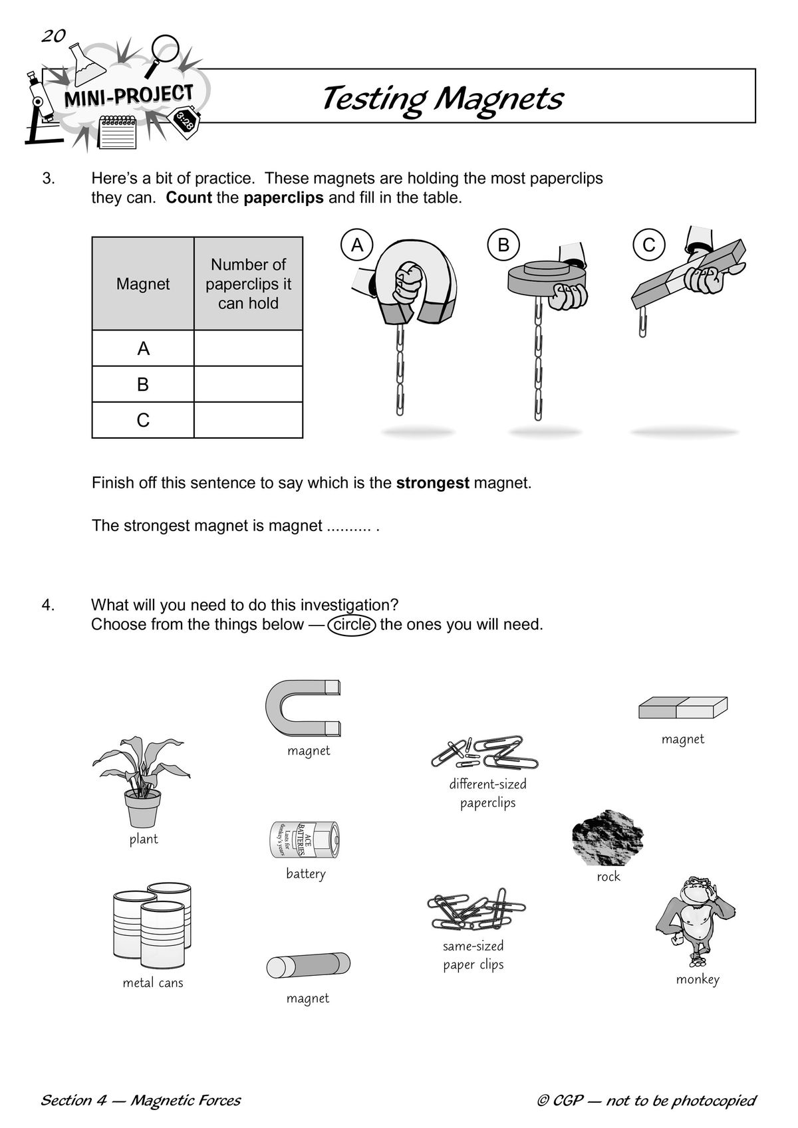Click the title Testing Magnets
click(x=442, y=98)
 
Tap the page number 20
click(x=53, y=36)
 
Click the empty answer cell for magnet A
click(x=248, y=348)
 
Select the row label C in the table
click(x=143, y=420)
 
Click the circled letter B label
click(x=503, y=245)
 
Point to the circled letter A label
click(x=357, y=245)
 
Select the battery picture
click(x=304, y=840)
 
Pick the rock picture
click(x=608, y=838)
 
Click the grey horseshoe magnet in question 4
click(x=301, y=708)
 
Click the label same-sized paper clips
click(x=473, y=955)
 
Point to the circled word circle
click(x=352, y=625)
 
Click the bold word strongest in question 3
click(x=433, y=483)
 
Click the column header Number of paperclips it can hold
click(x=248, y=284)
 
